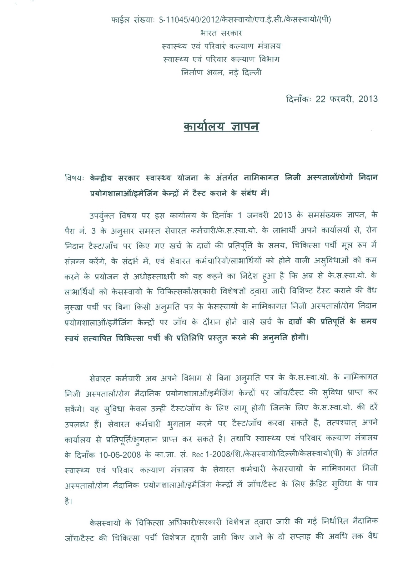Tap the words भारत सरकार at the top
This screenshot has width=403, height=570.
pos(221,33)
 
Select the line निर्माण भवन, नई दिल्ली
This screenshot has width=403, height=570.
pos(221,72)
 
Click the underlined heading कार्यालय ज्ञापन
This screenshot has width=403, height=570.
pos(221,127)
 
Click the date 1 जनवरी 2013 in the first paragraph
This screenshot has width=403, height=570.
pos(264,215)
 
